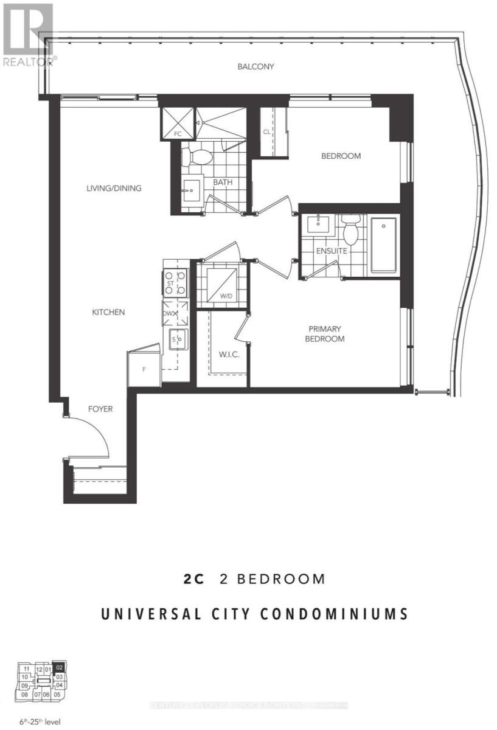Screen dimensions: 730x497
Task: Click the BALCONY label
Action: [255, 66]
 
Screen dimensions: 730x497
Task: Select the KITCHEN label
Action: [108, 312]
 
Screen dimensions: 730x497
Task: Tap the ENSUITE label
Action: [332, 250]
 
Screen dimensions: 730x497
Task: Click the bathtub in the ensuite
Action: [383, 245]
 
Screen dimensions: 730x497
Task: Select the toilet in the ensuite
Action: [350, 229]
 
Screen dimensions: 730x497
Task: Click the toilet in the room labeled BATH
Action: [198, 156]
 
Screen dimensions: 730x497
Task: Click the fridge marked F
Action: [144, 367]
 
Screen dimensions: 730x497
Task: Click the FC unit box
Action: [177, 123]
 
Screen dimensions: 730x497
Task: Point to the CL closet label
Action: [266, 131]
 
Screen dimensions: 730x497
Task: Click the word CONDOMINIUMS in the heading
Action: [334, 614]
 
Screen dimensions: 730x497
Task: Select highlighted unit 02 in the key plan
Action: [59, 667]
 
